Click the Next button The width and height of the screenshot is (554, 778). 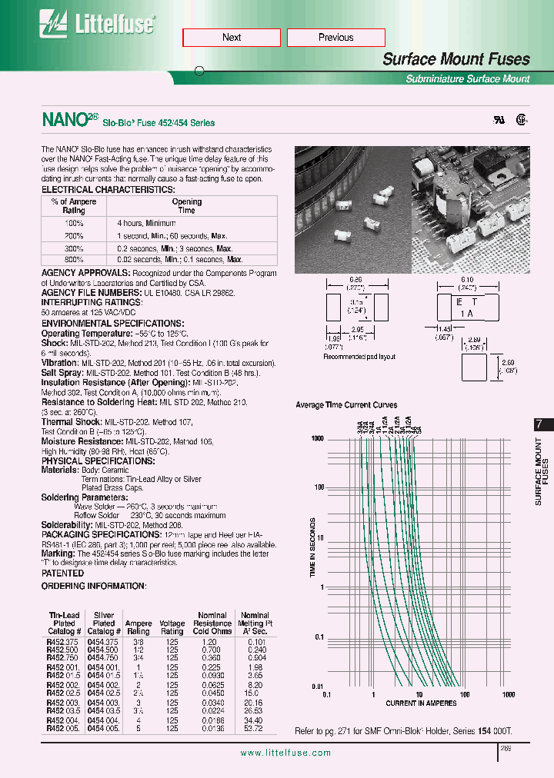pos(232,38)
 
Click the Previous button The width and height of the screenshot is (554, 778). pos(335,38)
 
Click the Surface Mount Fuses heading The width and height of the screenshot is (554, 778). pos(456,59)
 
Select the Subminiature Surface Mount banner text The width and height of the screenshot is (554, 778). pos(467,79)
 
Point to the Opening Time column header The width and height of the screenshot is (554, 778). pos(186,206)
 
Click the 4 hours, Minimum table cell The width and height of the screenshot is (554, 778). pos(146,223)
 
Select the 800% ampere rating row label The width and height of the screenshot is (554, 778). pos(74,260)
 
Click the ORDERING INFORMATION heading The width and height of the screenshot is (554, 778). pos(93,586)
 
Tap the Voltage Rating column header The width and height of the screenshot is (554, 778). pos(172,628)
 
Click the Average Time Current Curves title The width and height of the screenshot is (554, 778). pos(346,404)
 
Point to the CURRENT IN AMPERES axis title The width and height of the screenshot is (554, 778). pos(420,703)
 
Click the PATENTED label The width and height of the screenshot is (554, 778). pos(62,573)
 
